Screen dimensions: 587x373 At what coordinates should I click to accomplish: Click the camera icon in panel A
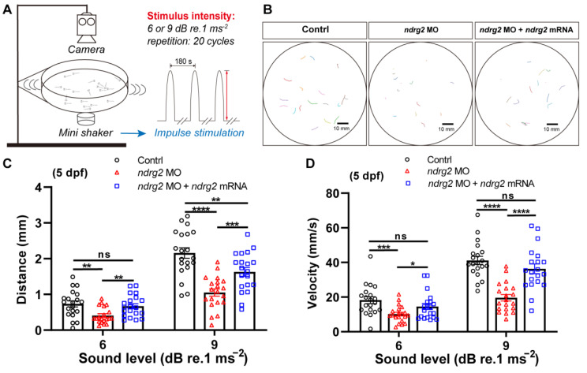coord(87,28)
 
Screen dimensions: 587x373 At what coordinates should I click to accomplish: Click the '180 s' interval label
coord(183,62)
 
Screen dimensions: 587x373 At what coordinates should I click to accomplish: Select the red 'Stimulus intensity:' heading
coord(191,17)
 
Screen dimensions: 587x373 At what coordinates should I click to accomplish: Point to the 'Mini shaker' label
coord(86,132)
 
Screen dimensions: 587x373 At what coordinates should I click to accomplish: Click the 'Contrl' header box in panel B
coord(315,30)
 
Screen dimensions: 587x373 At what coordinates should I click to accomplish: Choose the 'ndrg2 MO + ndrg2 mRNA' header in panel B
coord(526,30)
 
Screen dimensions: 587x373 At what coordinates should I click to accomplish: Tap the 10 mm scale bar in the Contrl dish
coord(342,123)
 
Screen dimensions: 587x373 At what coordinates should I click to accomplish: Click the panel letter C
coord(7,164)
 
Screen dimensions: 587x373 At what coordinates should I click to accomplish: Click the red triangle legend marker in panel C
coord(117,173)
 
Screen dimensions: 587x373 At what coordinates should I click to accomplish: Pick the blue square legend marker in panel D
coord(407,183)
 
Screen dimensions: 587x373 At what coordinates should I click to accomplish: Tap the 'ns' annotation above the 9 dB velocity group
coord(507,196)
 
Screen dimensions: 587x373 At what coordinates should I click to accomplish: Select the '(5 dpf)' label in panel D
coord(367,176)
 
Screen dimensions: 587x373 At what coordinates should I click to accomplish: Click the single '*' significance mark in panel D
coord(412,264)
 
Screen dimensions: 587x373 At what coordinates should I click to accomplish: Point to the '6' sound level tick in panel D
coord(398,345)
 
